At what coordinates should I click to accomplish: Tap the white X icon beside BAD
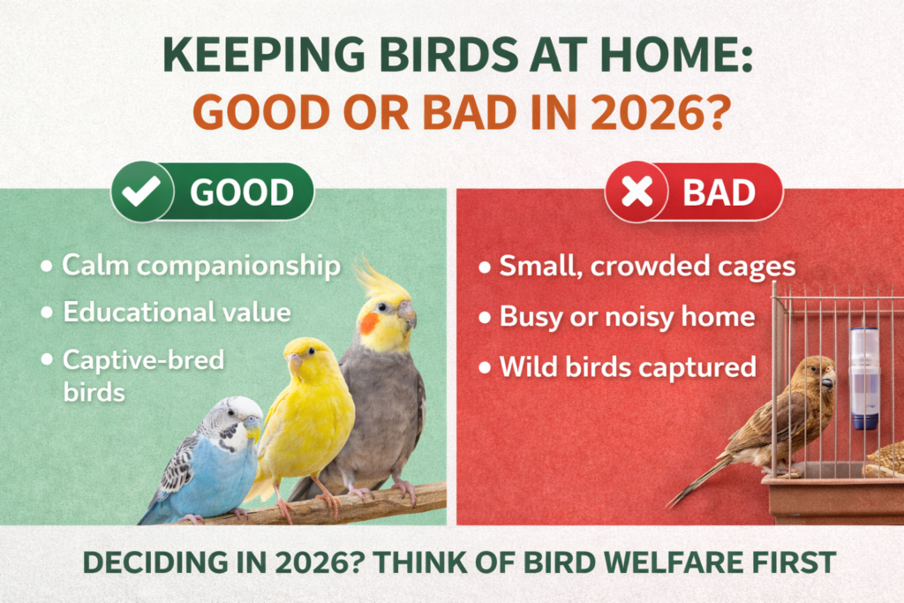tap(635, 192)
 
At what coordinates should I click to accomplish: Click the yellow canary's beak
tap(294, 360)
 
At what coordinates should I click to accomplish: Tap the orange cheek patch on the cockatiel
tap(369, 323)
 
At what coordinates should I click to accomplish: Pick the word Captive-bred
tap(144, 359)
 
